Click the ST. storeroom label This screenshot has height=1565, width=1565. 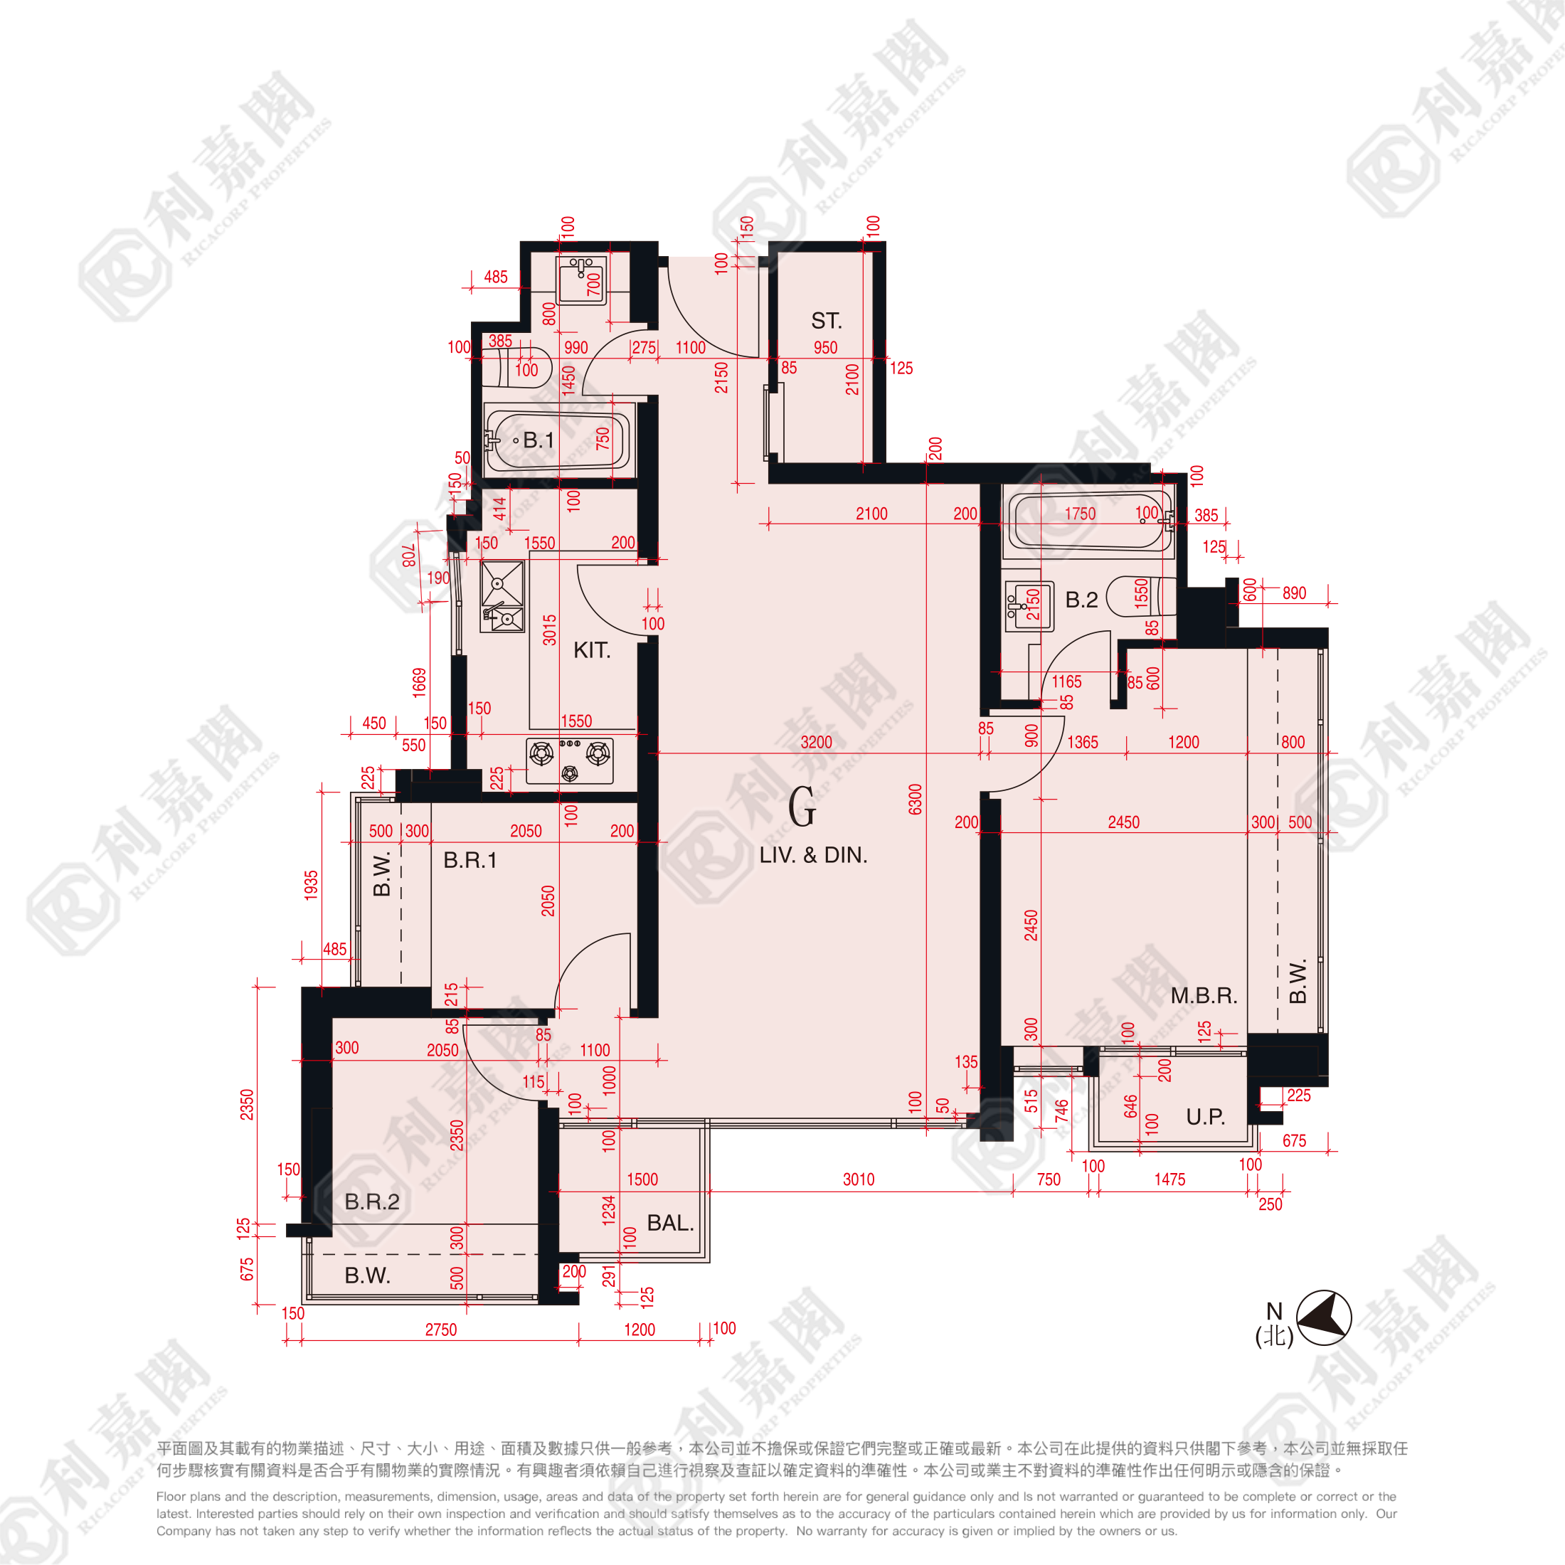coord(826,321)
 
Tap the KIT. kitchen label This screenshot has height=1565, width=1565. coord(591,650)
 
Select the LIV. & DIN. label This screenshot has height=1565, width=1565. coord(812,855)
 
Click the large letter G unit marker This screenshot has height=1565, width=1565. coord(802,807)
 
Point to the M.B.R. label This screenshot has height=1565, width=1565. coord(1204,995)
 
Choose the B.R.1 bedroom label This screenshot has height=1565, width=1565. coord(469,860)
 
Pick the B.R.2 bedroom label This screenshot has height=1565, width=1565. coord(372,1202)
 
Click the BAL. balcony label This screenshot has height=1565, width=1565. coord(670,1223)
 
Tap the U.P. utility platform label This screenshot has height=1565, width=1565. coord(1205,1117)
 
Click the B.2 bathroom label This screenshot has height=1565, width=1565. coord(1081,600)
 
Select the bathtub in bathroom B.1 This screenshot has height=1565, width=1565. coord(556,440)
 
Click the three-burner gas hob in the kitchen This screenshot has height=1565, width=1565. coord(571,760)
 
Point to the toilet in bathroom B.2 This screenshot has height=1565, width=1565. coord(1141,596)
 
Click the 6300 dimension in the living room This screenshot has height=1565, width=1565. coord(916,800)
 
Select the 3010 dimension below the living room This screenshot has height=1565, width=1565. coord(859,1180)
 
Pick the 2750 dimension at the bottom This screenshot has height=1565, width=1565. coord(440,1330)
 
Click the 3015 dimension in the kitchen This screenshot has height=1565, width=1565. coord(550,630)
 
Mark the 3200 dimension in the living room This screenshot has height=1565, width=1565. coord(816,743)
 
